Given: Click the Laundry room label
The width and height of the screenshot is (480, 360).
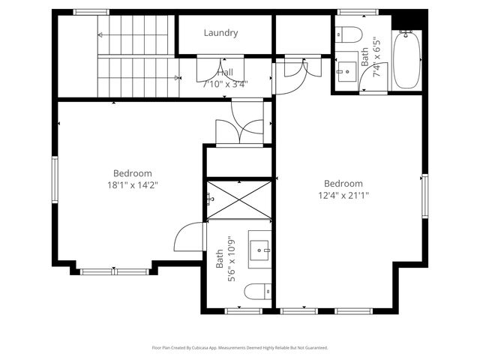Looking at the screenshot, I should point(220,33).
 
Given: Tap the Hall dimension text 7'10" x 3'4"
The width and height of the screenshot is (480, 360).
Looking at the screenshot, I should point(225,83).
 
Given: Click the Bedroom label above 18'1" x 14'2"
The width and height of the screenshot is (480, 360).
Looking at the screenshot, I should point(132,172).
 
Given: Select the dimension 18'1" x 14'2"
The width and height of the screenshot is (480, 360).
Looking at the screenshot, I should point(132,184).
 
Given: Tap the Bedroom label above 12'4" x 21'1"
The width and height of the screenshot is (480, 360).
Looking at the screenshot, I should point(343,184).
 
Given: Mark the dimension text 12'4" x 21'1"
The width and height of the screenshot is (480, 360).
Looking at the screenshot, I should point(343,195).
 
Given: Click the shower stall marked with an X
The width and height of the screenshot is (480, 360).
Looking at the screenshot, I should point(238,199).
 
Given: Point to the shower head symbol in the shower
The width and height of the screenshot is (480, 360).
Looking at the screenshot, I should point(211,199).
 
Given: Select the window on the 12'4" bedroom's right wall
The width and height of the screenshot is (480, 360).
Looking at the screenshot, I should point(424,195).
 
